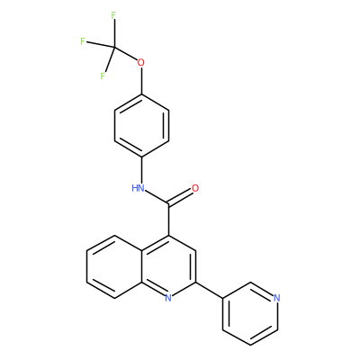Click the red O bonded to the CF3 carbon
(x=140, y=63)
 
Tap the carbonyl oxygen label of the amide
(x=195, y=188)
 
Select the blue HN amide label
(x=138, y=188)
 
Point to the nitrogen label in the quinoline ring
(x=168, y=298)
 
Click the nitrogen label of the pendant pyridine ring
(x=277, y=298)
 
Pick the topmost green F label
(x=113, y=15)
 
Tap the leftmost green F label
(x=83, y=41)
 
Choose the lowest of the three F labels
(x=103, y=76)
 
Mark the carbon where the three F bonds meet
(x=113, y=47)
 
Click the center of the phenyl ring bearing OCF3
(x=141, y=125)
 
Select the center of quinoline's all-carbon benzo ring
(x=114, y=266)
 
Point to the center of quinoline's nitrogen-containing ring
(x=168, y=266)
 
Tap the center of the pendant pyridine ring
(x=250, y=313)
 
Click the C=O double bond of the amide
(x=181, y=197)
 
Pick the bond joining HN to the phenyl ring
(x=141, y=170)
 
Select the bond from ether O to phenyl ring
(x=141, y=81)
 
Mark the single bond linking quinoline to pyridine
(x=209, y=290)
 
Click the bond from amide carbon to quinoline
(x=168, y=220)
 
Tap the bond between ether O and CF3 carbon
(x=125, y=54)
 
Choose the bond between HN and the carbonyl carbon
(x=157, y=198)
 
